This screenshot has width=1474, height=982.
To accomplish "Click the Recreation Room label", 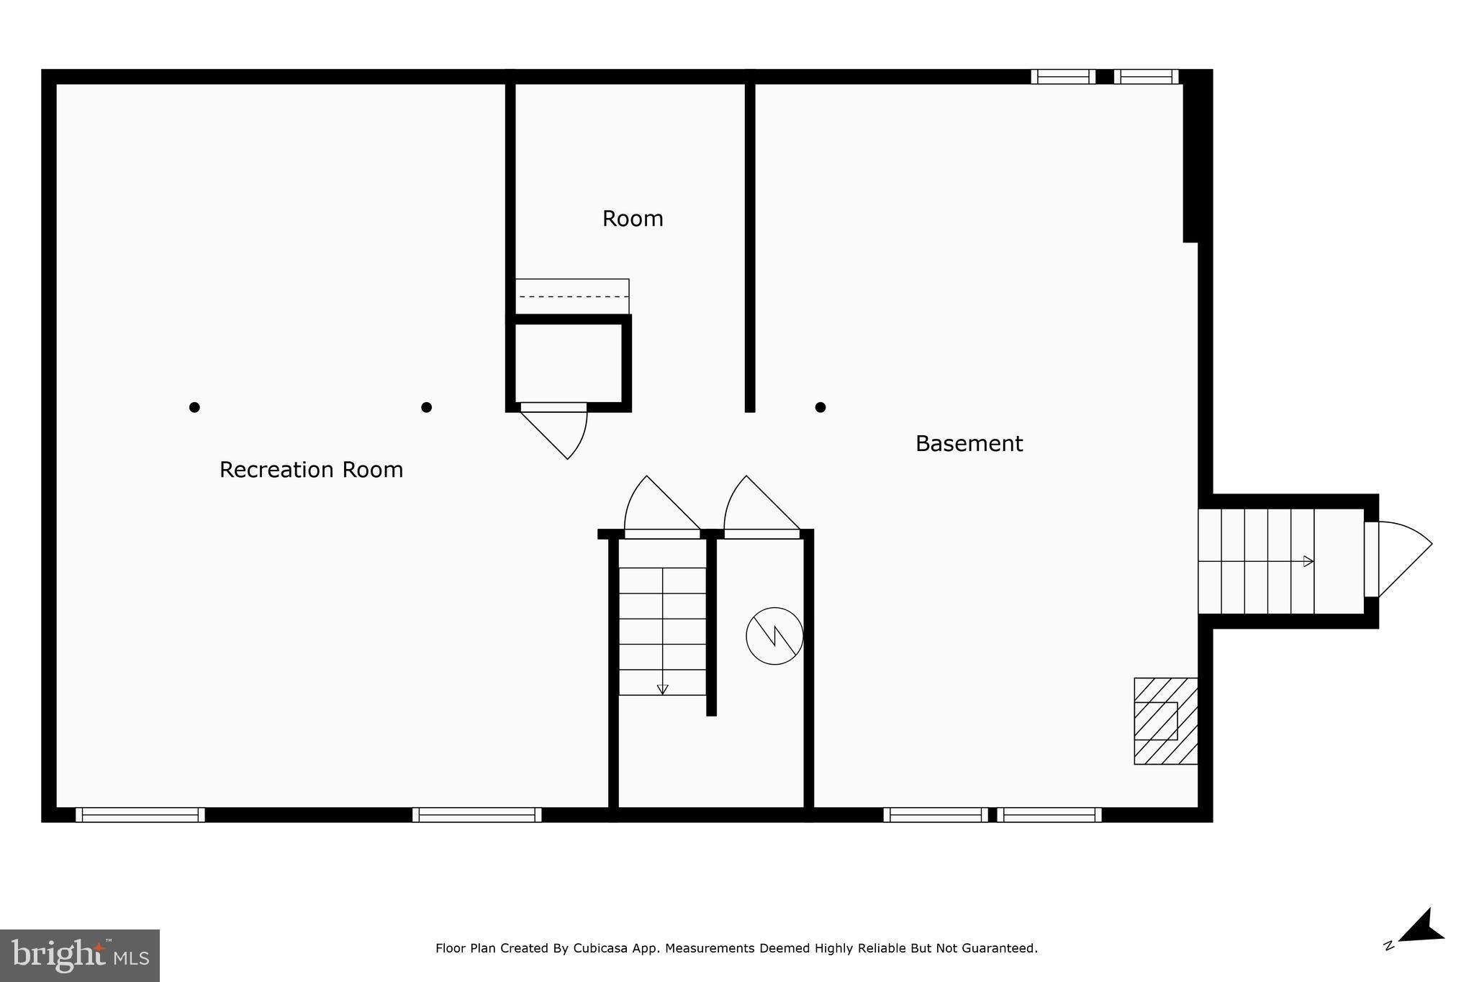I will [x=311, y=470].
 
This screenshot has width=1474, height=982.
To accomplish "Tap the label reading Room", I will [x=633, y=219].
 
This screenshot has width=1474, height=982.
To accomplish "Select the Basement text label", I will [x=969, y=444].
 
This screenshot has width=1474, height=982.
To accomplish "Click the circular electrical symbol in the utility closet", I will [x=774, y=636].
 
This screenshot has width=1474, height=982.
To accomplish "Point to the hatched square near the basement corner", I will [x=1165, y=721].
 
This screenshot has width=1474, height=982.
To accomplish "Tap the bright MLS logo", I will [x=80, y=955].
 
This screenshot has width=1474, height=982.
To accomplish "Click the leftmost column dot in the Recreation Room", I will [x=194, y=407].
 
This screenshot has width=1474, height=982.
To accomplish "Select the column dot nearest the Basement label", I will [x=820, y=407].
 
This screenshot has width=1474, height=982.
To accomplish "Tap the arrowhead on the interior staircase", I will [x=663, y=689].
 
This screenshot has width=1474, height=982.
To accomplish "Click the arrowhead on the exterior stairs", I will [x=1308, y=561].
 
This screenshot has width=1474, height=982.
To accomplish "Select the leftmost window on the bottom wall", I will [x=140, y=814].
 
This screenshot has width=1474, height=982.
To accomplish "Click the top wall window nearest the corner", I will [x=1147, y=76].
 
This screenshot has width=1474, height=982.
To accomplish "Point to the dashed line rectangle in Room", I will [x=572, y=296].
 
